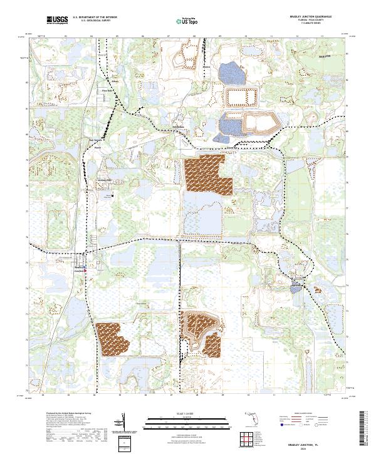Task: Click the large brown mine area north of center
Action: pos(206,174)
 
